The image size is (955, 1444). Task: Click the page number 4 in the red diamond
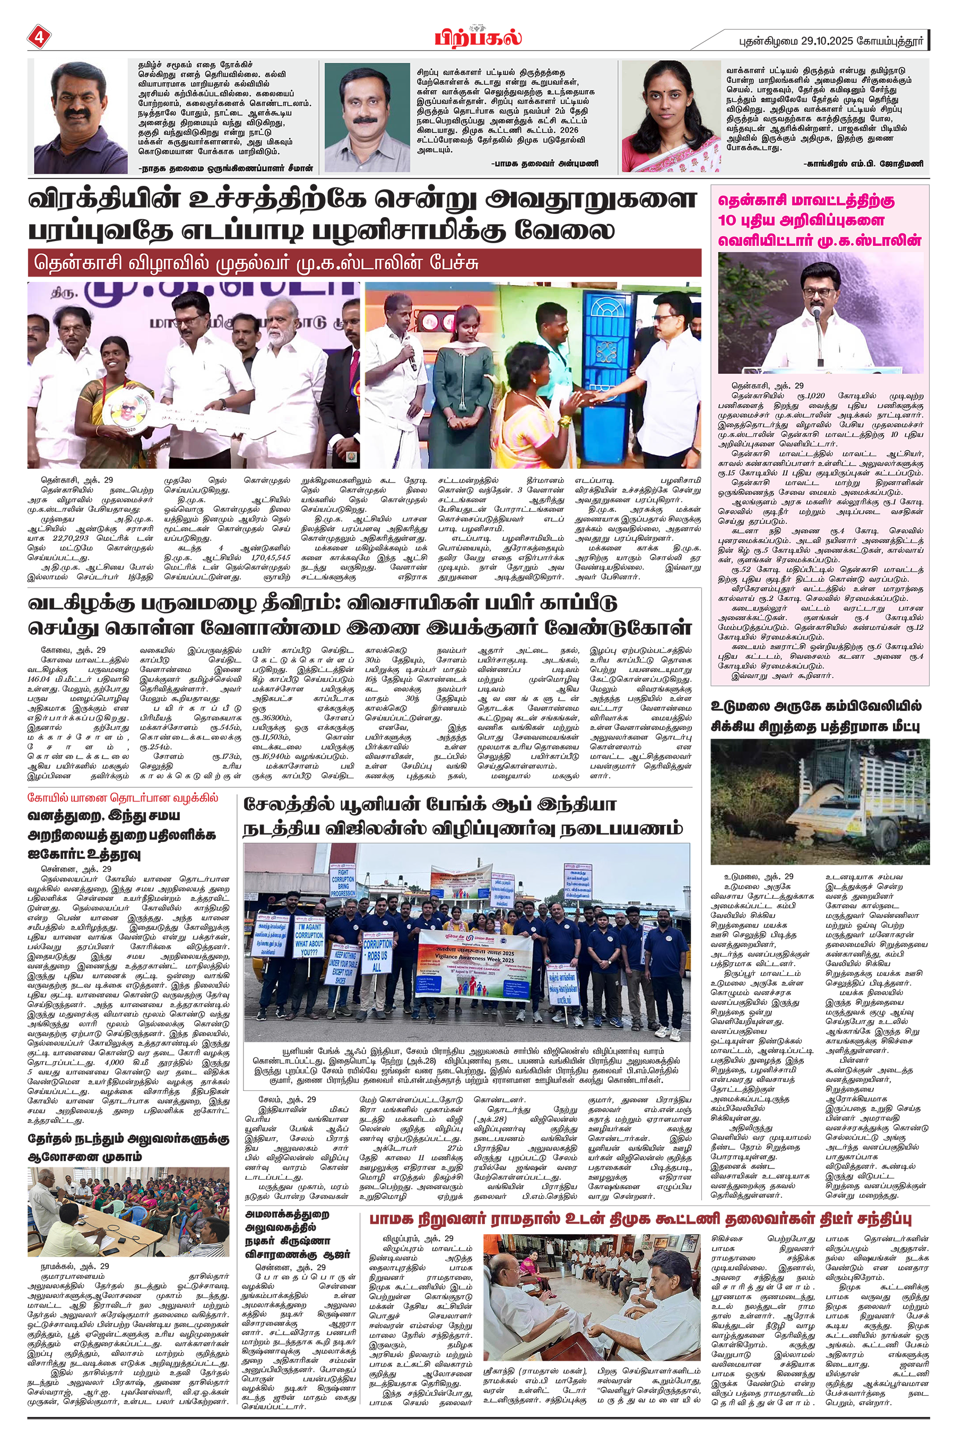click(x=38, y=37)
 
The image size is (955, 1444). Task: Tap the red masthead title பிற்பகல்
click(x=477, y=37)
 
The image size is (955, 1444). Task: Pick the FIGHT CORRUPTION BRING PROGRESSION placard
click(x=343, y=883)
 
